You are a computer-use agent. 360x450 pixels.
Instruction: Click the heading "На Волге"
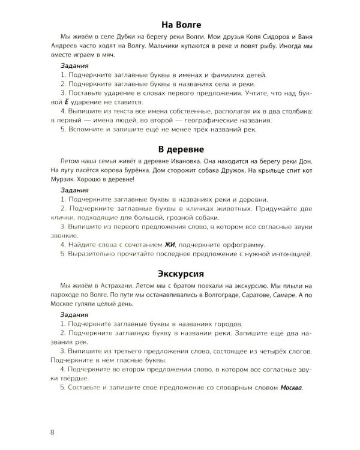(180, 25)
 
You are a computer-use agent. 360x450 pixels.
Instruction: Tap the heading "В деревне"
(180, 148)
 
